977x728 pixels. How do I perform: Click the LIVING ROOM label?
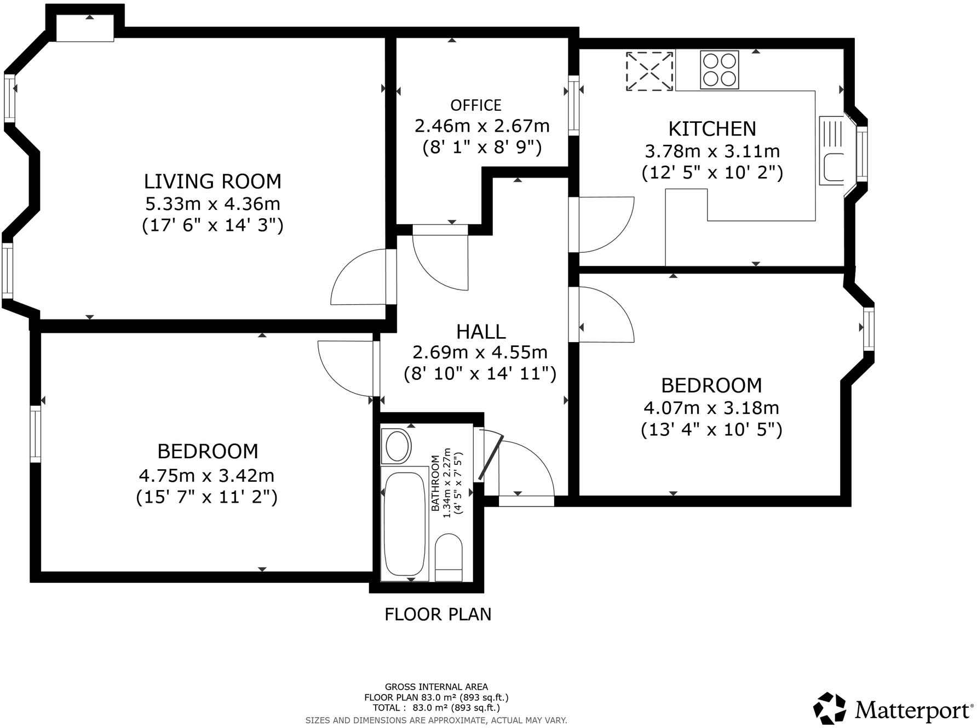(212, 181)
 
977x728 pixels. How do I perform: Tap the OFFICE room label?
(475, 105)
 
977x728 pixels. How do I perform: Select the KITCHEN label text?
(712, 128)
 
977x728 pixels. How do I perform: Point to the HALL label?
(481, 331)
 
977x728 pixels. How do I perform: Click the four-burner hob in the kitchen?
(719, 70)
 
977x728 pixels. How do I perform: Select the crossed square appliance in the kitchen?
(650, 71)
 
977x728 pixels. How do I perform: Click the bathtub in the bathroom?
(405, 523)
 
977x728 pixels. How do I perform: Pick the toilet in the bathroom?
(449, 557)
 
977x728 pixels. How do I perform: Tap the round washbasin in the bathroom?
(398, 446)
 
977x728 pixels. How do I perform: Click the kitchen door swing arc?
(605, 225)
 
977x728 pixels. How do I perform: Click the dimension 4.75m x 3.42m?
(206, 474)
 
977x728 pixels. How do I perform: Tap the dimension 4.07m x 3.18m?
(711, 408)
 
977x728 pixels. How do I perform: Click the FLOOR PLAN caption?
(438, 614)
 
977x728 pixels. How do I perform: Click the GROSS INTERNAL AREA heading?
(436, 686)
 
